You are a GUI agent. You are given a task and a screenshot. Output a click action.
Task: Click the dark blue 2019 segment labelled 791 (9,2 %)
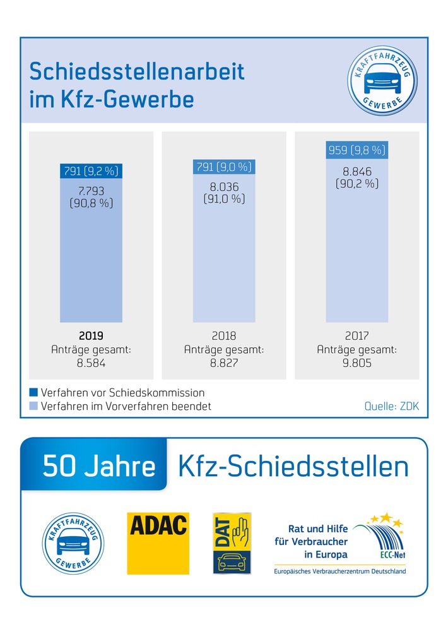(x=90, y=170)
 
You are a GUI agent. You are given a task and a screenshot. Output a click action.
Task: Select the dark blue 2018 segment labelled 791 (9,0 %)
(x=224, y=167)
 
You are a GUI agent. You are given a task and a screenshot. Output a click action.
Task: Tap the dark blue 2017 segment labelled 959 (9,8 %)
(x=357, y=151)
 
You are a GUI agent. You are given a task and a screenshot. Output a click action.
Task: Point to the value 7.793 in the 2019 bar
(x=90, y=190)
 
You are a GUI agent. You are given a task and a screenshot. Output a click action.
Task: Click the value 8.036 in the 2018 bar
(x=224, y=186)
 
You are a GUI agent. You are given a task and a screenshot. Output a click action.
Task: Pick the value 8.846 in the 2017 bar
(x=357, y=170)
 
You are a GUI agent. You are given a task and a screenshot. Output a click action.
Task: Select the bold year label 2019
(x=90, y=336)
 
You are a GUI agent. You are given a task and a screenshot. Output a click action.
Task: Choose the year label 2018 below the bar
(x=224, y=336)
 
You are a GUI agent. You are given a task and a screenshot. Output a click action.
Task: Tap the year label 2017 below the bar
(x=357, y=336)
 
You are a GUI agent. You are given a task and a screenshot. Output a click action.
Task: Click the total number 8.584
(x=90, y=363)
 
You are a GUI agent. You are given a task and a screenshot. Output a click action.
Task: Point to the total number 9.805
(x=357, y=363)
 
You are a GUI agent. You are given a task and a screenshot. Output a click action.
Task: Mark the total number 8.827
(x=224, y=363)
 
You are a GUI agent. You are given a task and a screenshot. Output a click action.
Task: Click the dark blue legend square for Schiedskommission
(x=33, y=393)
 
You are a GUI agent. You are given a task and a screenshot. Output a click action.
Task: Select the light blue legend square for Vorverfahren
(x=33, y=406)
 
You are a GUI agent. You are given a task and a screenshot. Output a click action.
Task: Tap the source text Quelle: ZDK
(x=392, y=406)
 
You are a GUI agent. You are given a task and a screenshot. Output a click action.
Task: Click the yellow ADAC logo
(x=158, y=543)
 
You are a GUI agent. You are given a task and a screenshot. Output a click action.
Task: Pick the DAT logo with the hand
(x=232, y=543)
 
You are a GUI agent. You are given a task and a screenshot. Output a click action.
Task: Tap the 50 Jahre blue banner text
(x=99, y=467)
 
